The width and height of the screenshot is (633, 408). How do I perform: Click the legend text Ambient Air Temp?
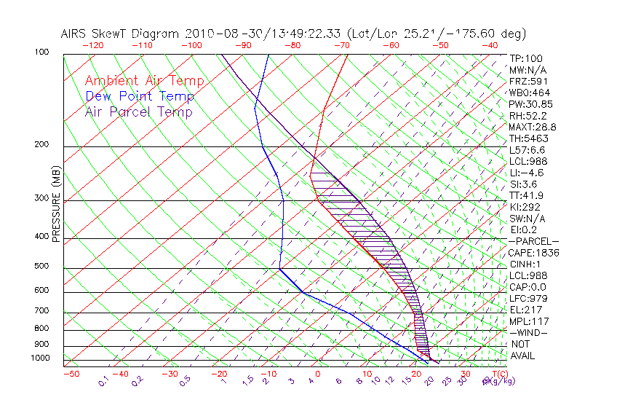click(x=144, y=81)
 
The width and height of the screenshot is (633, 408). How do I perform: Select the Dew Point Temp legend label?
click(x=140, y=96)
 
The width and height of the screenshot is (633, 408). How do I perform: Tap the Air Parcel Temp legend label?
click(x=138, y=111)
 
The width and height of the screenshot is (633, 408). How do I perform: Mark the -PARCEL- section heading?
click(x=533, y=241)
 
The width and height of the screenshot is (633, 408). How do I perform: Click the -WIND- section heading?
click(x=528, y=332)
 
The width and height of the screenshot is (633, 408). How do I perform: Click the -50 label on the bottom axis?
click(x=71, y=374)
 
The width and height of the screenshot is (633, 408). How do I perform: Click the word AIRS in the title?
click(x=76, y=34)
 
